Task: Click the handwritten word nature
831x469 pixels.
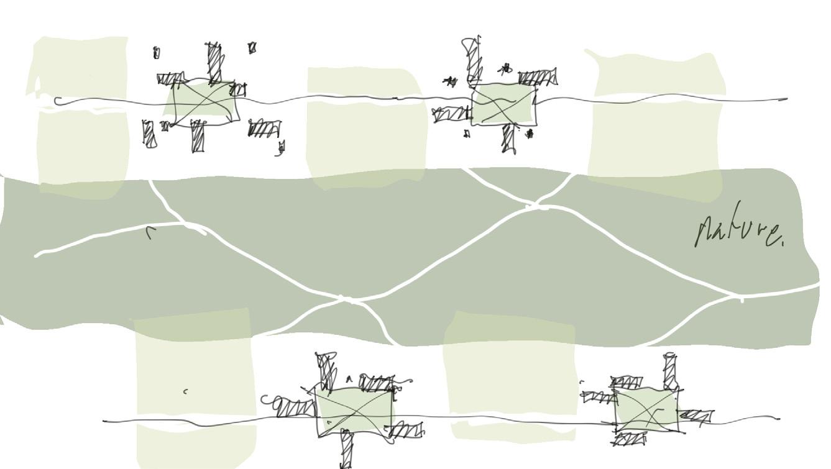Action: click(x=740, y=227)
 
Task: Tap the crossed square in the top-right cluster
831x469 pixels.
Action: click(x=504, y=105)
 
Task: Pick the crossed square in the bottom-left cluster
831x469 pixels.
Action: click(x=354, y=412)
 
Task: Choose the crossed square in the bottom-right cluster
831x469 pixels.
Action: click(x=647, y=411)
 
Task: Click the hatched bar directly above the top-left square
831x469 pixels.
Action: click(x=215, y=63)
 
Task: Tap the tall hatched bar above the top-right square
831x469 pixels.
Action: click(x=472, y=60)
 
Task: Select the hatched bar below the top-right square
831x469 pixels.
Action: click(x=508, y=139)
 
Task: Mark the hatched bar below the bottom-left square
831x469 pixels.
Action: click(x=346, y=449)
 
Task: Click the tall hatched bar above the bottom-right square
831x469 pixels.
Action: click(x=671, y=371)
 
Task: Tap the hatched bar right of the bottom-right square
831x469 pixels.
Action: click(x=696, y=416)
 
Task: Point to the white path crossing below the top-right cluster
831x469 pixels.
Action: click(x=535, y=204)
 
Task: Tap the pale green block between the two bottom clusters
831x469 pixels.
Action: click(x=510, y=376)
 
